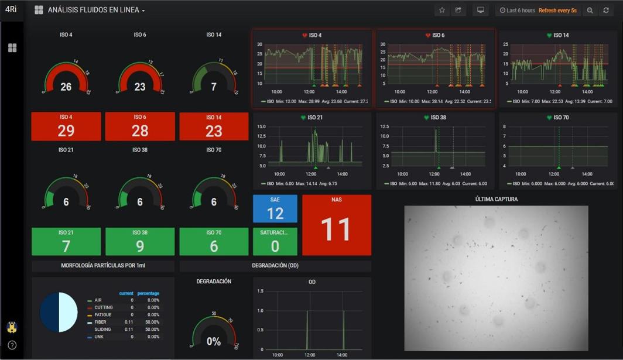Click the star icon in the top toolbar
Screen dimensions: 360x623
[x=442, y=10]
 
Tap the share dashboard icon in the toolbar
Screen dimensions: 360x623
[x=458, y=10]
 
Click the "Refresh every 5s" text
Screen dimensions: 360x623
[x=557, y=11]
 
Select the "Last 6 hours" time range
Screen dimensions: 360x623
[x=517, y=11]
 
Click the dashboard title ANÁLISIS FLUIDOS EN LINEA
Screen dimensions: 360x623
[x=93, y=10]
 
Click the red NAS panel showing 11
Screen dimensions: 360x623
[x=336, y=225]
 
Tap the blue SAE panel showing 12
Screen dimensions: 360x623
[x=275, y=209]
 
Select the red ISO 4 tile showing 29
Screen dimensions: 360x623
[x=66, y=126]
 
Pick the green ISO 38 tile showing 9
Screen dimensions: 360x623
[x=140, y=242]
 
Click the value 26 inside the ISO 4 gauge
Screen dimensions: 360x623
[x=66, y=87]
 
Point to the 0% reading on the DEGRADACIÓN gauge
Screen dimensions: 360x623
[x=214, y=342]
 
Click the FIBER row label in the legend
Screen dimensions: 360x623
[x=101, y=322]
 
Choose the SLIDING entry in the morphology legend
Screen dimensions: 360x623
[x=103, y=330]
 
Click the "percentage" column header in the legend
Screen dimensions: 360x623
[x=148, y=293]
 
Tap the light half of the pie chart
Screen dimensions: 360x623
[x=69, y=313]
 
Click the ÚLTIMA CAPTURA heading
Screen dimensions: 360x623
[x=496, y=199]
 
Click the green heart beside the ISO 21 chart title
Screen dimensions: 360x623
[x=303, y=118]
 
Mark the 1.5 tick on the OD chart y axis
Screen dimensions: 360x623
[x=260, y=291]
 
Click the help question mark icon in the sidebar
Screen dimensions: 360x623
[x=12, y=345]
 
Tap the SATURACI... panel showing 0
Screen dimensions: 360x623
[x=275, y=242]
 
